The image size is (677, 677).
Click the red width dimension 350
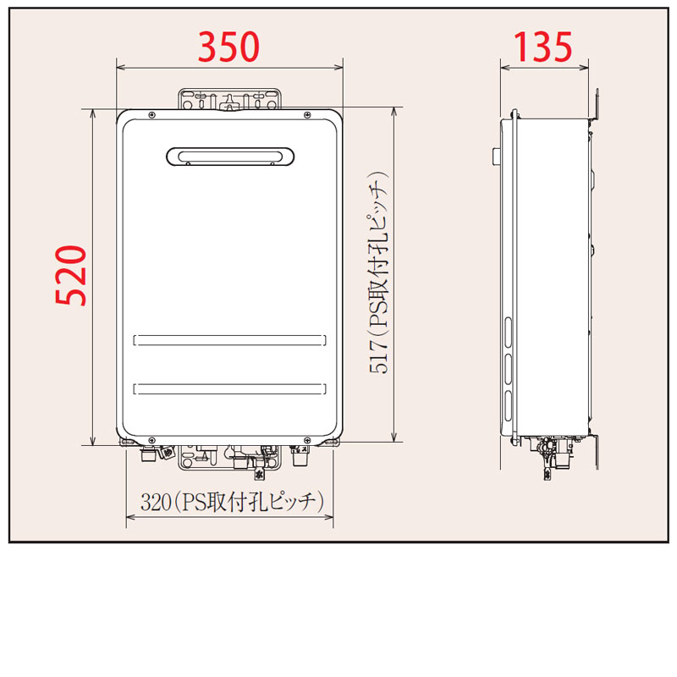(x=228, y=47)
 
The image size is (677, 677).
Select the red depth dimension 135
(x=542, y=47)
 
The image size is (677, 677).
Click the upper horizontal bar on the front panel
(x=229, y=340)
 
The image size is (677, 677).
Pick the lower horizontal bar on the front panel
(x=229, y=388)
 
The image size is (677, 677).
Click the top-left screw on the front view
(x=151, y=115)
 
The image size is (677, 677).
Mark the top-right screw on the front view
(x=307, y=115)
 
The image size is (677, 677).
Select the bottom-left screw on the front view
(x=151, y=439)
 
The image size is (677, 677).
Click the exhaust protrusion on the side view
(x=494, y=156)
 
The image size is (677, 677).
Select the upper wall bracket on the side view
(x=596, y=105)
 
